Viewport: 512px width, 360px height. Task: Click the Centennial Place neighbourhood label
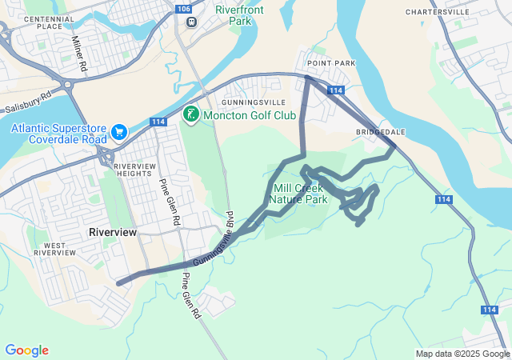tap(49, 22)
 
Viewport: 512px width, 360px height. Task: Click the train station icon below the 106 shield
tap(191, 22)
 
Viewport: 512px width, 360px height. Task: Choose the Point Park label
tap(330, 62)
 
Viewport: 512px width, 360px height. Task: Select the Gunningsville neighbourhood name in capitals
tap(254, 103)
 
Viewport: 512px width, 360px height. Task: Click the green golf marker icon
tap(190, 115)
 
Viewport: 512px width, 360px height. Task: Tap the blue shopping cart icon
tap(119, 131)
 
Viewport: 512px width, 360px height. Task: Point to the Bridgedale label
tap(381, 131)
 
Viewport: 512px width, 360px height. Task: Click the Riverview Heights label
tap(133, 170)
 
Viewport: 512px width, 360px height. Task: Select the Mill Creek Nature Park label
tap(298, 194)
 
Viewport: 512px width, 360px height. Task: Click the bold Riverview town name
tap(113, 231)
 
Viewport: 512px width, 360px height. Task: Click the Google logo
tap(26, 350)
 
